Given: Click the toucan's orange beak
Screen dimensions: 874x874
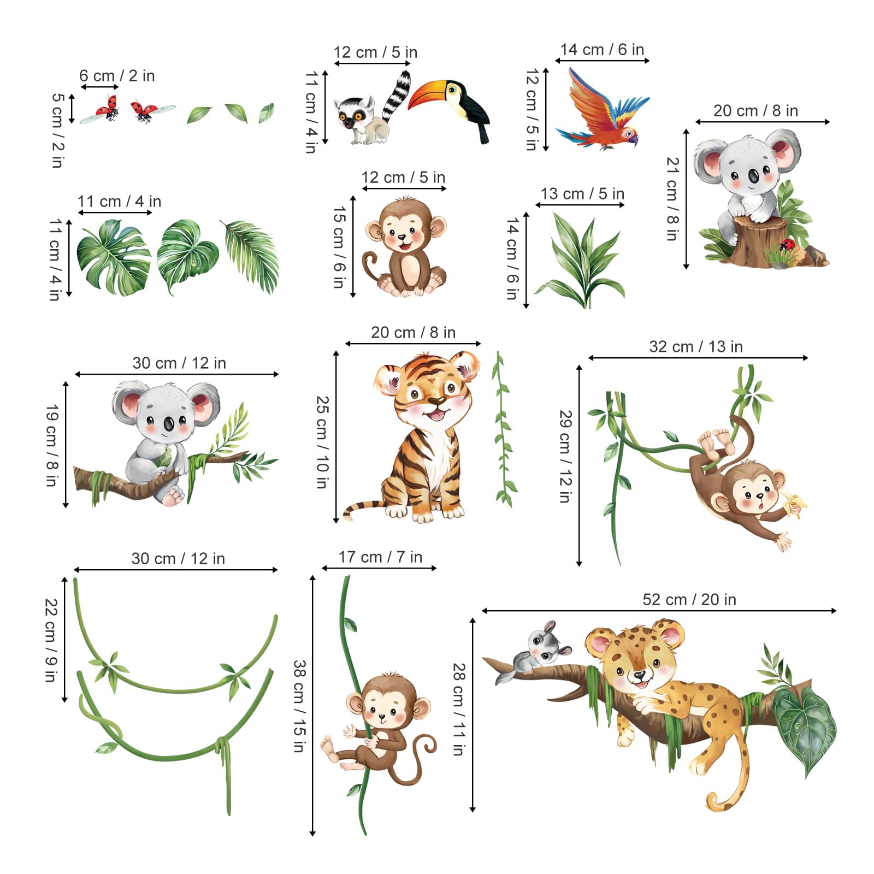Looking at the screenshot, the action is [427, 94].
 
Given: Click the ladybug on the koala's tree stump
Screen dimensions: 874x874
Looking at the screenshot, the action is [787, 245].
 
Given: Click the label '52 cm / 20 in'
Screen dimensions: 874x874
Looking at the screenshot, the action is [689, 599].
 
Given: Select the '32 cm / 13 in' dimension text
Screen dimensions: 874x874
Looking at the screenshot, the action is [695, 346].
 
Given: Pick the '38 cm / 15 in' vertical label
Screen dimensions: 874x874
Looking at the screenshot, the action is [299, 706].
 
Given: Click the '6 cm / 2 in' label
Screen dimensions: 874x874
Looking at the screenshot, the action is [117, 75].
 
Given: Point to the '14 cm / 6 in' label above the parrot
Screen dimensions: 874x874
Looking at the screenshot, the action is [602, 49].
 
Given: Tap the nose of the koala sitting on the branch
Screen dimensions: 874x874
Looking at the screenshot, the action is [168, 424].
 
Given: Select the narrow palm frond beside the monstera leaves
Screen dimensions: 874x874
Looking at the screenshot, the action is [251, 256].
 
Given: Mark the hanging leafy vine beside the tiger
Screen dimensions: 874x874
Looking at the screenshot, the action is [504, 429].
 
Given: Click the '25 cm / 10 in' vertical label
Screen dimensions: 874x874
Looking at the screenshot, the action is [322, 442].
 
